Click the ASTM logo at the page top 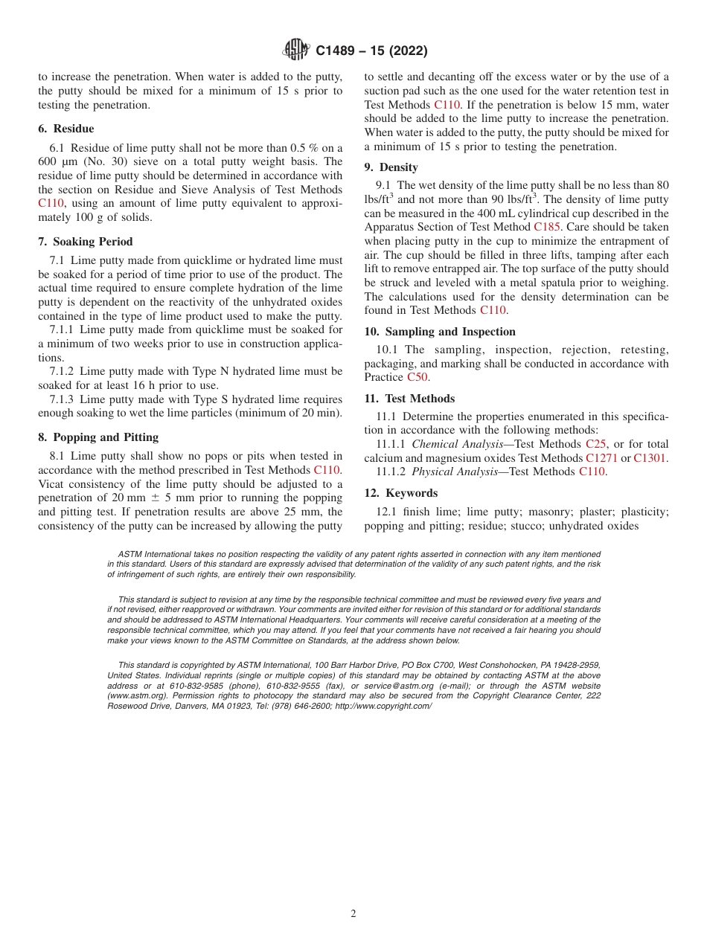coord(296,51)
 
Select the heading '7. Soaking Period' coord(86,242)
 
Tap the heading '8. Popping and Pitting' coord(98,437)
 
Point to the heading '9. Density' coord(391,167)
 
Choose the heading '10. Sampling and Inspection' coord(440,332)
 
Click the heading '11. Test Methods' coord(409,399)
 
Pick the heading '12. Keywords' coord(400,493)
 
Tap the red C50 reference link coord(418,377)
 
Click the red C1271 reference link coord(601,458)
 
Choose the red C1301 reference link coord(650,458)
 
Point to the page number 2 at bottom coord(353,914)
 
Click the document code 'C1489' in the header coord(339,51)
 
